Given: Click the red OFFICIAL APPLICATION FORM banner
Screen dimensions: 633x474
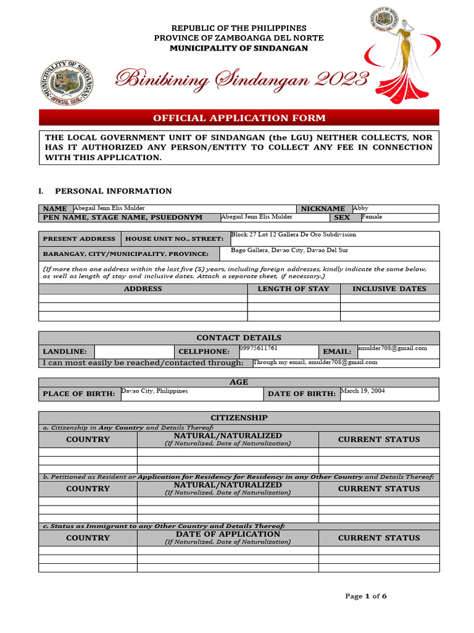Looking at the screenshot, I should click(x=239, y=118).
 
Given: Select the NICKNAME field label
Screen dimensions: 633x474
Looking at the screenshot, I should click(x=323, y=209).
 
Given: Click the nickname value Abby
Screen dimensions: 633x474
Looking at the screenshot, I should click(x=360, y=208).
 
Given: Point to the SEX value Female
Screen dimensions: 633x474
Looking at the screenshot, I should click(x=372, y=217).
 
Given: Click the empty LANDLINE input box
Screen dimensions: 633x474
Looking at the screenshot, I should click(x=135, y=351).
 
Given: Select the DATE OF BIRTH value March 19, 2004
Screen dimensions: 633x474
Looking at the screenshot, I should click(x=362, y=391).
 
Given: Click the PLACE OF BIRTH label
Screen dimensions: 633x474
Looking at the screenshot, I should click(x=78, y=394).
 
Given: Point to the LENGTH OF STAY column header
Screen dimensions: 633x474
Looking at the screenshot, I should click(x=293, y=289).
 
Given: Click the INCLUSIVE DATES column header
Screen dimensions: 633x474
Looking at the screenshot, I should click(x=389, y=289).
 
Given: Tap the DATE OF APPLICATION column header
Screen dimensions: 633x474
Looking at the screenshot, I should click(x=228, y=534).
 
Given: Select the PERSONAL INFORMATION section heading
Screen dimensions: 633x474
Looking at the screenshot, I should click(x=114, y=191).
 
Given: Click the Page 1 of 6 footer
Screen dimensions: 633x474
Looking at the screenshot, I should click(x=367, y=597).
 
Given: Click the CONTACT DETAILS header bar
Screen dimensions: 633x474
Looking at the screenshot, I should click(x=239, y=338).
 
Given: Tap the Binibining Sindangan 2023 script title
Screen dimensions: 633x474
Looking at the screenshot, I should click(x=243, y=79).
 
